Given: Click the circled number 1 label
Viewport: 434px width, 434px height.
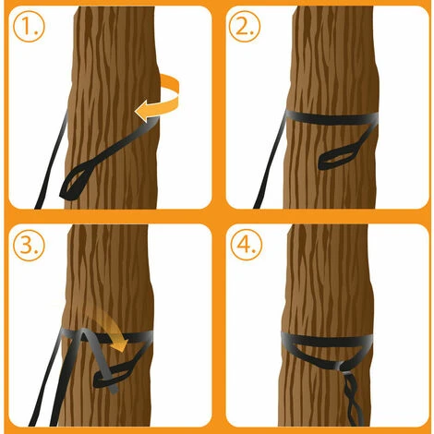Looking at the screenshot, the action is coord(29,27).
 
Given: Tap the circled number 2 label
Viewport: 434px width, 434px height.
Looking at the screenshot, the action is coord(245,27).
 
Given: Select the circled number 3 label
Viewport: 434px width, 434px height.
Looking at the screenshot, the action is coord(29,246).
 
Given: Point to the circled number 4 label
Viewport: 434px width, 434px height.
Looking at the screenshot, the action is coord(247,246).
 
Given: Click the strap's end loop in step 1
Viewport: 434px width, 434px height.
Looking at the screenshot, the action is coord(77,182).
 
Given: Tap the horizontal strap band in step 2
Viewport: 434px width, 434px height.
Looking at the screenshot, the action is coord(332,118).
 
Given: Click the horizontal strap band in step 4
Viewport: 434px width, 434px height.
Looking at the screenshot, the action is coord(327,340).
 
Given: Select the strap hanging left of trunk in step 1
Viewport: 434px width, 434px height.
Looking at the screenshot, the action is coord(53,160).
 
